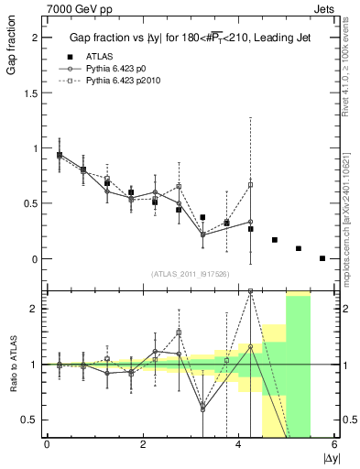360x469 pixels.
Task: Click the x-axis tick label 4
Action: coord(238,445)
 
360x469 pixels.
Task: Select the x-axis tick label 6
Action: coord(334,445)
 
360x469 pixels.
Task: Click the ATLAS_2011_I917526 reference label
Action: coord(190,274)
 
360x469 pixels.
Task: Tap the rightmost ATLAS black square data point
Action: coord(322,258)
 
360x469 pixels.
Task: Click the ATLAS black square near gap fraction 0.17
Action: coord(275,240)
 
